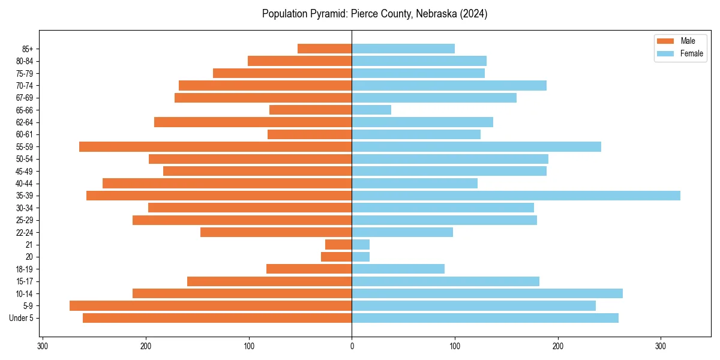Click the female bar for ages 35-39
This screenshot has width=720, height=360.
516,196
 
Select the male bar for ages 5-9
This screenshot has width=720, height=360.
211,306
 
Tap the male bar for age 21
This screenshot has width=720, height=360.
338,245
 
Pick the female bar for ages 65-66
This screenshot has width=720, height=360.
371,110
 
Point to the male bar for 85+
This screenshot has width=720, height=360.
325,49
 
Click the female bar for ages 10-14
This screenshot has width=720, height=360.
487,293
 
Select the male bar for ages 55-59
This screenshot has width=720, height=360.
215,146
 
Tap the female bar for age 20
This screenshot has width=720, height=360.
361,257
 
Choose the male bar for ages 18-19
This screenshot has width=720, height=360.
309,269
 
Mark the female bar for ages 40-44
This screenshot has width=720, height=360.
415,183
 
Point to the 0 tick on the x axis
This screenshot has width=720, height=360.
352,346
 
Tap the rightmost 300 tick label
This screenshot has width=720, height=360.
661,346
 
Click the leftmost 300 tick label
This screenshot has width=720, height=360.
43,346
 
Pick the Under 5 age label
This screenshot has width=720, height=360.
22,318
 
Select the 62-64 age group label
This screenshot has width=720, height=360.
25,122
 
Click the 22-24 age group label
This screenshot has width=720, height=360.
25,232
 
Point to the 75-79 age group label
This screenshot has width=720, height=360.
25,73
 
